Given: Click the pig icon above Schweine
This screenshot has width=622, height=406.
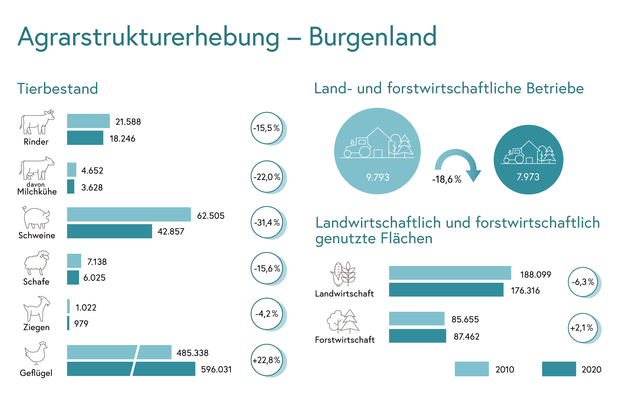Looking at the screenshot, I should (36, 218).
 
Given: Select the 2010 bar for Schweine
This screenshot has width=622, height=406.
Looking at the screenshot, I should (129, 214).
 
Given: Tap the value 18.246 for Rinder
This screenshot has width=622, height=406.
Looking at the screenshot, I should (122, 139).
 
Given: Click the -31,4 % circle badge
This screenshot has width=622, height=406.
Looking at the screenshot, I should (267, 222).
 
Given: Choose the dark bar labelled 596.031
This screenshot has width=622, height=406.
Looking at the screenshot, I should (131, 369).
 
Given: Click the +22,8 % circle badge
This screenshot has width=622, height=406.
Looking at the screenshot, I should (267, 360).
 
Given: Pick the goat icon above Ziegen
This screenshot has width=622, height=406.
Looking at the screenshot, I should (37, 309).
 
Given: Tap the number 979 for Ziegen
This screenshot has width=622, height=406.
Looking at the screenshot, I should (81, 324).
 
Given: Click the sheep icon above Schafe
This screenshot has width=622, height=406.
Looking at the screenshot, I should (37, 263).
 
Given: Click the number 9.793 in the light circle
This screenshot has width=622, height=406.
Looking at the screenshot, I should (378, 177).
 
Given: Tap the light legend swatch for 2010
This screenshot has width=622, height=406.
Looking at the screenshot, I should (472, 369).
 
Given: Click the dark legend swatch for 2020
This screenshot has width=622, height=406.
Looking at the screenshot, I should (559, 369).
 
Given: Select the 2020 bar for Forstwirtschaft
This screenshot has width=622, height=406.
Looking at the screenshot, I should (417, 336).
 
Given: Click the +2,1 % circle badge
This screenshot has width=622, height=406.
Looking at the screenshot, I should (583, 328).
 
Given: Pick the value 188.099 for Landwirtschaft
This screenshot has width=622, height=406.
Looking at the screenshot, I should (535, 274).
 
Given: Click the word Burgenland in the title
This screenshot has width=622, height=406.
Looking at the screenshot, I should (372, 37).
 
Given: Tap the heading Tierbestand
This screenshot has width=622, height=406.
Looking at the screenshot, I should (58, 89).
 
